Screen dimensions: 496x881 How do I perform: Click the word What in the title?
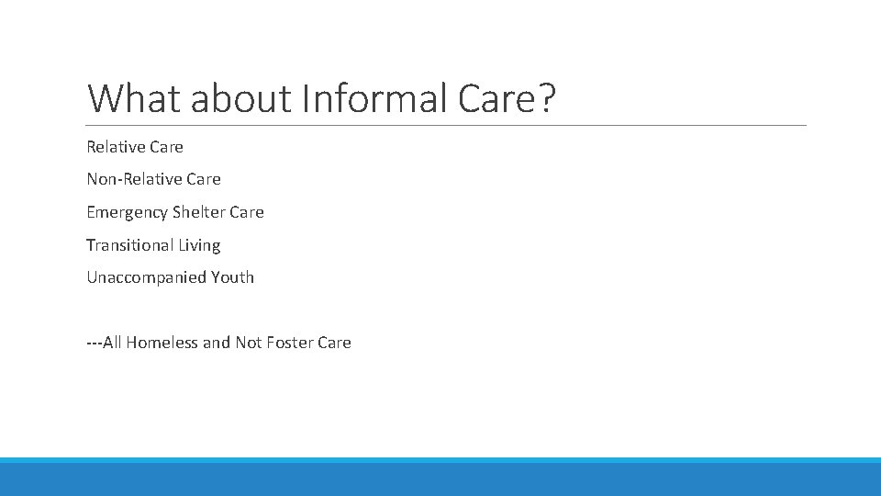134,98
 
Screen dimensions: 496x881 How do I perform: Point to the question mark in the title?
546,98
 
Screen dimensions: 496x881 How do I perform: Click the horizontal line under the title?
446,125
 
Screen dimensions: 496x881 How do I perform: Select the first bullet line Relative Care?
135,147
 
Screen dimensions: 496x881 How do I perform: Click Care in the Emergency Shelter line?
247,212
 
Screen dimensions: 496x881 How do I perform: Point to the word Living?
199,245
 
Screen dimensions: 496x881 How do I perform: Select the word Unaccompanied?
146,277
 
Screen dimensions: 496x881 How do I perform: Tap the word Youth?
232,277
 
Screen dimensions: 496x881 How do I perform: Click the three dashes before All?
94,343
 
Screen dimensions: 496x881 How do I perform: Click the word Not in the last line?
248,343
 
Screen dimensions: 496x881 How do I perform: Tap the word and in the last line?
217,343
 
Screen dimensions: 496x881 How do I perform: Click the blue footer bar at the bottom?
440,478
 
